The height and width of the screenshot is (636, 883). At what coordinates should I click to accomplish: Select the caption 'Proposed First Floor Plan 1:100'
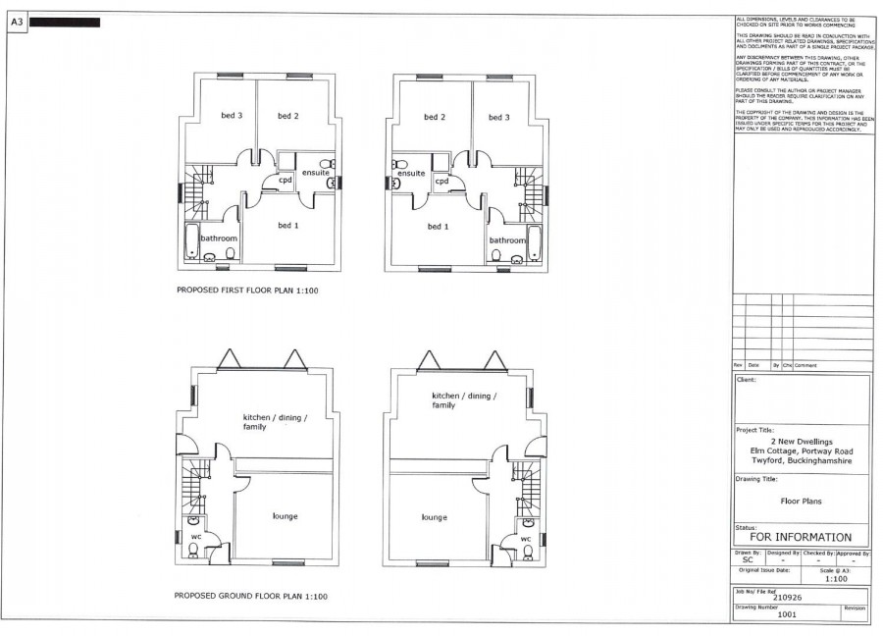pos(247,291)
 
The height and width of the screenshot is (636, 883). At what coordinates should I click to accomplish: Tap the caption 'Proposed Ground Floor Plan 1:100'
pos(250,596)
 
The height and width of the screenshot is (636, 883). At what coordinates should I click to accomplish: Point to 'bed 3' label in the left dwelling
pos(233,117)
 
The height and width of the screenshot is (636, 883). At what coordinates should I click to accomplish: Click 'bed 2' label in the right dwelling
pos(435,118)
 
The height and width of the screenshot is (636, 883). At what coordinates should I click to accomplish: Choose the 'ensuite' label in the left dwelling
pos(315,173)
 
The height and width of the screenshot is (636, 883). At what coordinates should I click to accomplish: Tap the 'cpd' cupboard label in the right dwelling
pos(441,181)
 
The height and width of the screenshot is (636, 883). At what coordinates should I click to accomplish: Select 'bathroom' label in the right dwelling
pos(507,240)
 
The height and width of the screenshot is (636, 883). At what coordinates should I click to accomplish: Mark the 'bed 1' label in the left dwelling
pos(287,227)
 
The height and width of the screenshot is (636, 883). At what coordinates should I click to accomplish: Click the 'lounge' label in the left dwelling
pos(284,516)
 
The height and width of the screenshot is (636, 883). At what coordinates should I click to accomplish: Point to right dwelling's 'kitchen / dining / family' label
pos(464,399)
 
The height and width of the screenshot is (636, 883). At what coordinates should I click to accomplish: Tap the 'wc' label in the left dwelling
pos(195,536)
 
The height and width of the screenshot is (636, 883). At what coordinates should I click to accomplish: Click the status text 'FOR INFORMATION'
pos(801,537)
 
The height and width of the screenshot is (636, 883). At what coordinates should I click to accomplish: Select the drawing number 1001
pos(787,614)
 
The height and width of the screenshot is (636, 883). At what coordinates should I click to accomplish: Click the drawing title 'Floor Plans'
pos(801,500)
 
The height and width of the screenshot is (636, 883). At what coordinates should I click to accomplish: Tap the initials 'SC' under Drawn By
pos(748,560)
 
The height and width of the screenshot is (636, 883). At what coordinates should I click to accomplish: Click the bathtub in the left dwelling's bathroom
pos(191,241)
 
